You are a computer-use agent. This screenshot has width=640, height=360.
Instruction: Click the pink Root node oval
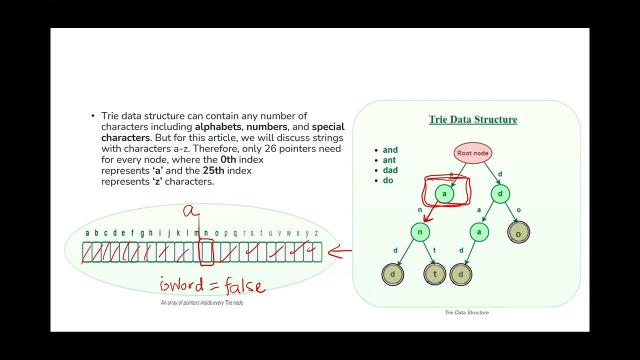473,153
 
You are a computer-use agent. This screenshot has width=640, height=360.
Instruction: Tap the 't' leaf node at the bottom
434,274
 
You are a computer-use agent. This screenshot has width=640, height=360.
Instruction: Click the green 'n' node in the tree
420,232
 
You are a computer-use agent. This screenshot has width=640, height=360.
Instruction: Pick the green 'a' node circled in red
444,194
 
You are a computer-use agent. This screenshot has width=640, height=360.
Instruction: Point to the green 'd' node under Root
500,194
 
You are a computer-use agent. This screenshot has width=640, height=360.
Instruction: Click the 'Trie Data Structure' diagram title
472,119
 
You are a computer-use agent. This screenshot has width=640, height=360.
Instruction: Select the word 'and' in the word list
390,150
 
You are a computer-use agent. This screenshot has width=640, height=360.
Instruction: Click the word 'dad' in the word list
390,170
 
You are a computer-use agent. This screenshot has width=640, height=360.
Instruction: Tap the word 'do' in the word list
388,180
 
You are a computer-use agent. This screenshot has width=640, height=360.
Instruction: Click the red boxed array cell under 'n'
206,251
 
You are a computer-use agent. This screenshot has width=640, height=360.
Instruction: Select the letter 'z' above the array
316,233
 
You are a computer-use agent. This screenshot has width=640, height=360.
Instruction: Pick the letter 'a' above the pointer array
87,233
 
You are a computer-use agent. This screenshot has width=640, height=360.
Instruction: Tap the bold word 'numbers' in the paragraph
266,126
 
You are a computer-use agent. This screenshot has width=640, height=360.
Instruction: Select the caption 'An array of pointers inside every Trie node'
201,302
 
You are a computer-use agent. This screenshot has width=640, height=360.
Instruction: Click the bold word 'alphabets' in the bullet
218,126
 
